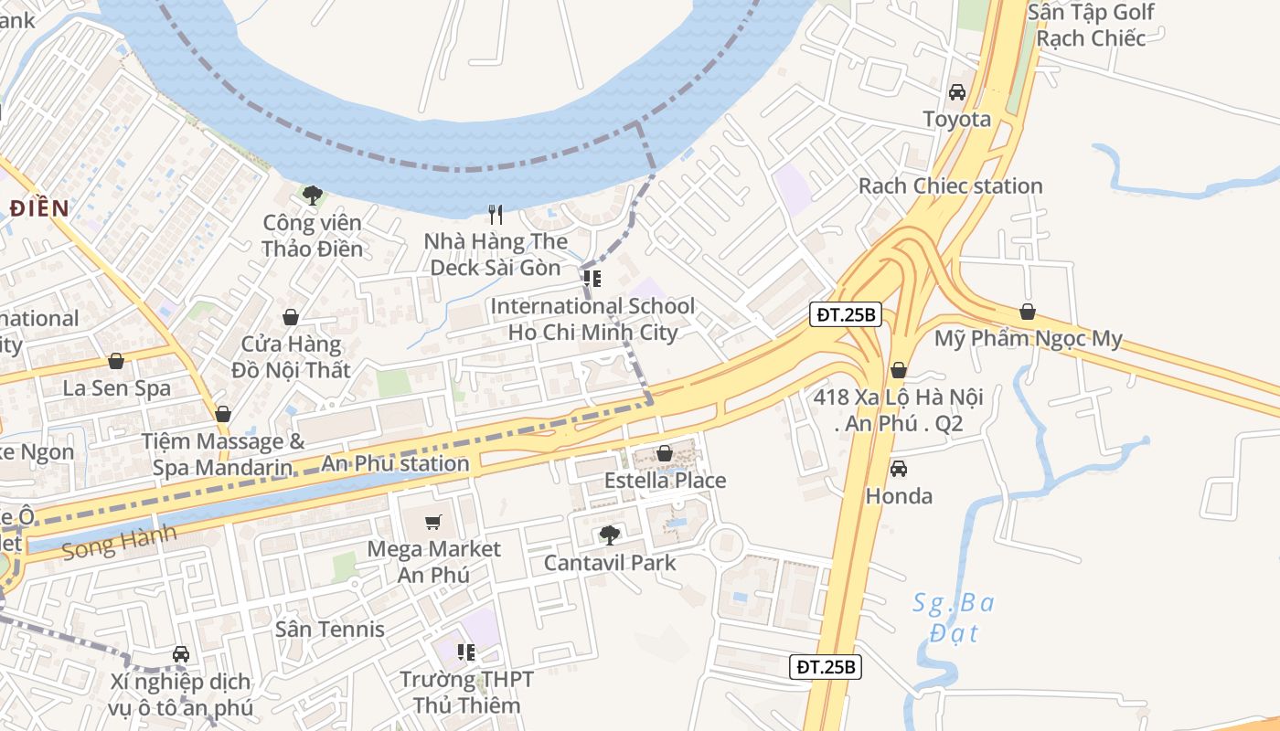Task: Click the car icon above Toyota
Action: [x=957, y=92]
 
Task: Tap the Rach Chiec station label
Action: [x=950, y=185]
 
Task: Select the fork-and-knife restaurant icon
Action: [x=496, y=215]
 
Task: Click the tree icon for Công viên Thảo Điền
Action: [x=313, y=195]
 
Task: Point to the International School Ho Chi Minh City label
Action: [x=592, y=319]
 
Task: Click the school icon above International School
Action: [x=592, y=279]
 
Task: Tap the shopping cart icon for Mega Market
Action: [x=433, y=523]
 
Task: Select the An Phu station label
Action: [x=395, y=463]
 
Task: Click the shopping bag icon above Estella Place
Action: [x=665, y=453]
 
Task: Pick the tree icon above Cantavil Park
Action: [x=609, y=535]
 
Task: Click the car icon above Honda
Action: [x=899, y=469]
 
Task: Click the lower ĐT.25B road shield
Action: [x=825, y=667]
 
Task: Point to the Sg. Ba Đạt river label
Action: [x=954, y=618]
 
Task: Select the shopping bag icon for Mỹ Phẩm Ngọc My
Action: [x=1028, y=312]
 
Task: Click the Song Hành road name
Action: [x=119, y=542]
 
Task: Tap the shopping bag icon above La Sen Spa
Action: [x=116, y=361]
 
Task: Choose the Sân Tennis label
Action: [x=330, y=629]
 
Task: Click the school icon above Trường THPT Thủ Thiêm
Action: [x=466, y=652]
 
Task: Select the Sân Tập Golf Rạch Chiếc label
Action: [x=1090, y=25]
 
